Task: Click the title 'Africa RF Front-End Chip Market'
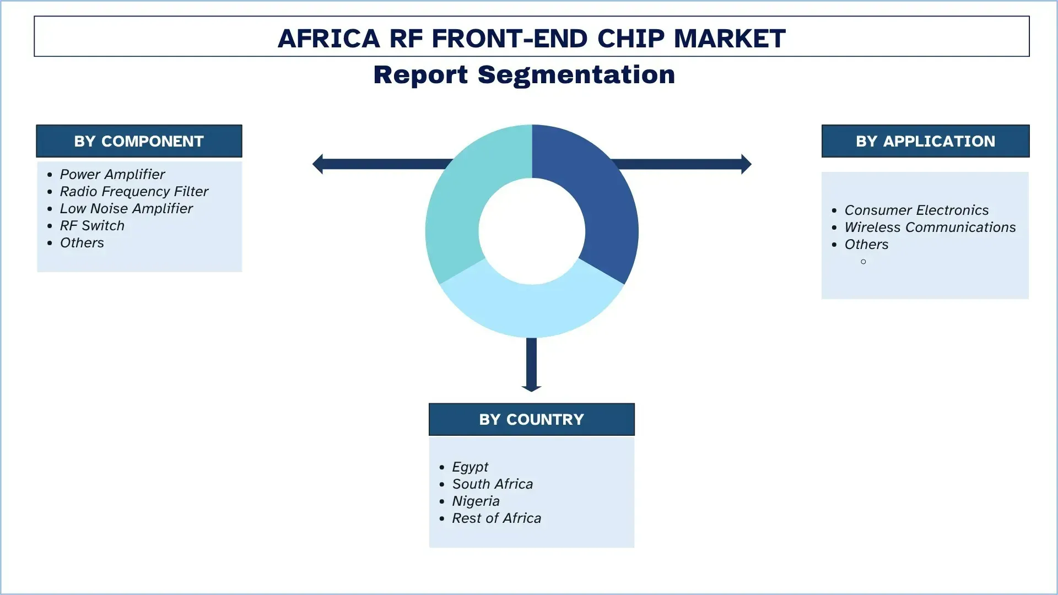click(531, 38)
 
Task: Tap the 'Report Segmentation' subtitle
click(524, 75)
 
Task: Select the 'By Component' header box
click(139, 141)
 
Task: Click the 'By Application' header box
click(925, 141)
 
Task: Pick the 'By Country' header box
click(531, 419)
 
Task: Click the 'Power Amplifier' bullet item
click(112, 174)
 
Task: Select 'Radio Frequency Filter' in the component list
click(134, 191)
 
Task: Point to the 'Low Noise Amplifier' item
click(126, 208)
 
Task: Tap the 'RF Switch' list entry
click(92, 225)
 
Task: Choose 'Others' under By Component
click(82, 242)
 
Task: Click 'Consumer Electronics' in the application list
click(916, 210)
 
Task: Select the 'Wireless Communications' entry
click(930, 227)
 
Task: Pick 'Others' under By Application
click(866, 244)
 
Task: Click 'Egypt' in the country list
click(469, 467)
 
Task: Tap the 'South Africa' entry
click(492, 484)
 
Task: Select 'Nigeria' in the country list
click(476, 501)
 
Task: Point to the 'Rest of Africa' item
click(496, 518)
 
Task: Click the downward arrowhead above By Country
click(531, 388)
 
